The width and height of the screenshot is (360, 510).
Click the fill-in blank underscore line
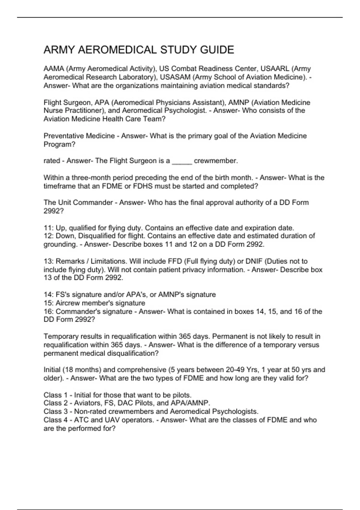[182, 161]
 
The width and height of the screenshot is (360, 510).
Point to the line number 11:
[48, 228]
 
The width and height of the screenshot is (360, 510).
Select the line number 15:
[48, 303]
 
